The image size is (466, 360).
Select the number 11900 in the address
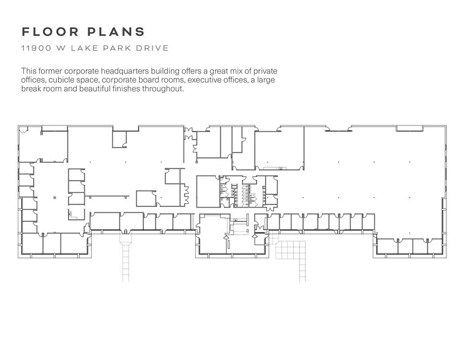[x=34, y=48]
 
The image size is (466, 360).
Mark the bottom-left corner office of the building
[x=32, y=244]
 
